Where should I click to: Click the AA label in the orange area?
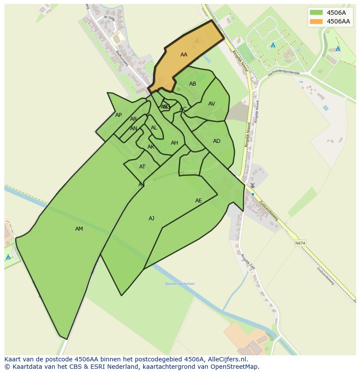183,55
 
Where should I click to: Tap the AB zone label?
193,84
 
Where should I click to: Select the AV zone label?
211,104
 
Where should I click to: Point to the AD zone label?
217,141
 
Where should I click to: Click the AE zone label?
198,201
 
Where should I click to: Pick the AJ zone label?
151,218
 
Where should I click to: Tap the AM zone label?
79,229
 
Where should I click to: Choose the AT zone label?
142,167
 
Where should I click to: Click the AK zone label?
150,147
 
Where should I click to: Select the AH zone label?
174,143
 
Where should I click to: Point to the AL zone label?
154,128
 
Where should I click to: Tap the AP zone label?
118,115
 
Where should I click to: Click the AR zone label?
133,119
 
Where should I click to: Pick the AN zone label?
133,129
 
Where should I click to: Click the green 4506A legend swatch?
316,13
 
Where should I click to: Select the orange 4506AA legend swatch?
316,21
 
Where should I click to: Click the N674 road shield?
300,243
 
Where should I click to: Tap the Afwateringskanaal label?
180,284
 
